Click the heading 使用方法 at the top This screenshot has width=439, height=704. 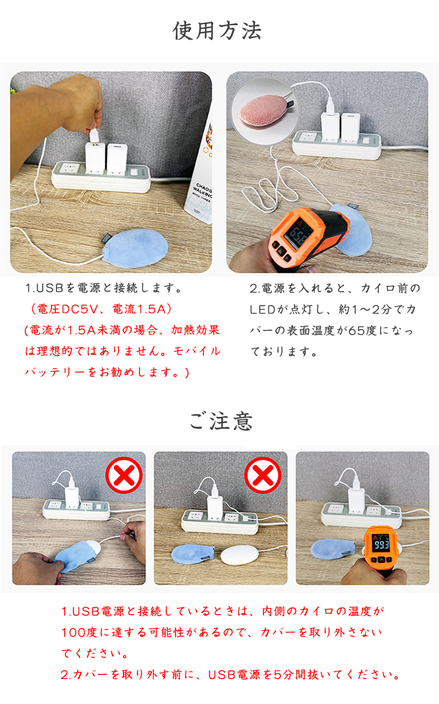point(218,31)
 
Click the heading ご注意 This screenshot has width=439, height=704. point(221,421)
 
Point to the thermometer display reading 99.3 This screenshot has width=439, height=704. point(381,544)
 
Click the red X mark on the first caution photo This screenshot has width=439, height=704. point(124,475)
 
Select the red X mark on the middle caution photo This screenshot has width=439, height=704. point(263,475)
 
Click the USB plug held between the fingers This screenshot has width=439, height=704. point(94,135)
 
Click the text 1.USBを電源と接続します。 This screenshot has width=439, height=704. point(104,288)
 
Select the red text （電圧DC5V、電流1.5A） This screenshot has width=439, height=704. point(101,309)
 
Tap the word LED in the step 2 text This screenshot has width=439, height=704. point(262,309)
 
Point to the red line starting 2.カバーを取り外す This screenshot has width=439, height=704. point(230,675)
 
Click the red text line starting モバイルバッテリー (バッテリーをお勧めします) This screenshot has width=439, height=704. point(107,372)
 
